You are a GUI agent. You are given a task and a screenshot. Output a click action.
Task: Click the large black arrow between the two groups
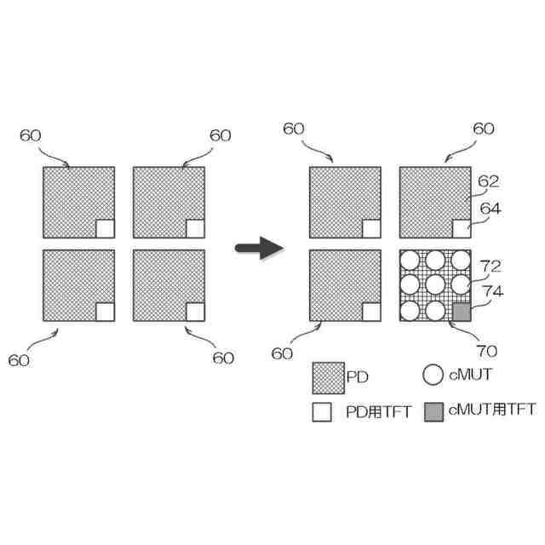[259, 249]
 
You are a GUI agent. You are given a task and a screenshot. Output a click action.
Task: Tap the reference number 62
[489, 181]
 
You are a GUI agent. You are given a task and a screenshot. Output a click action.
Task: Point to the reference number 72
[490, 267]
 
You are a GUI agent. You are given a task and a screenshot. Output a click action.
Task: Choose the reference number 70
[487, 349]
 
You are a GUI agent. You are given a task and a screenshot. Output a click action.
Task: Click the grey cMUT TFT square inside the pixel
[461, 312]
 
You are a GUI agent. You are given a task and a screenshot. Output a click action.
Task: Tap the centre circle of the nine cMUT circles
[435, 285]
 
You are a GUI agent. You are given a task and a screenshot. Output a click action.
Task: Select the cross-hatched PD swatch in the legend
[328, 376]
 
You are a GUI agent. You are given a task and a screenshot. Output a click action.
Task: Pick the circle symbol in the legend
[433, 375]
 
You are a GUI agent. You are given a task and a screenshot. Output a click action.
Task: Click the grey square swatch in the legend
[433, 413]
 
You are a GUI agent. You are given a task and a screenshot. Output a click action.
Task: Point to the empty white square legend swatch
[323, 413]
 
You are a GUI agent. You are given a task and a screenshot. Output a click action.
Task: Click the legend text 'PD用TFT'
[378, 413]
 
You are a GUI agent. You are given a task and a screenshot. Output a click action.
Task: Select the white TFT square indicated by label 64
[461, 228]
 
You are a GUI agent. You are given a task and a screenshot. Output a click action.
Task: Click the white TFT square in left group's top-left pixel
[105, 228]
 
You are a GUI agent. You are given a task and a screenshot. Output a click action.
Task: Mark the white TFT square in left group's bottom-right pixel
[195, 312]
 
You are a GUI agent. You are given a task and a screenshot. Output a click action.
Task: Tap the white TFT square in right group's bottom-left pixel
[371, 312]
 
